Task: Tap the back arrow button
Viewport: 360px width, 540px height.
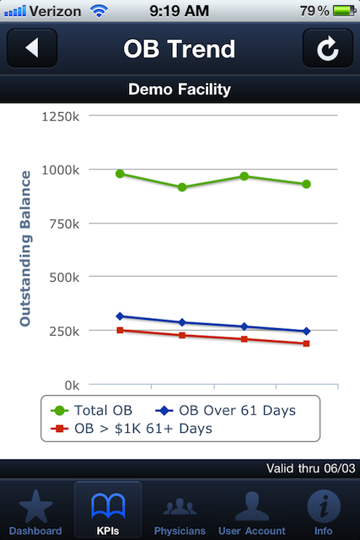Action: pyautogui.click(x=32, y=47)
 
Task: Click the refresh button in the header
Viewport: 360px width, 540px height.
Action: pyautogui.click(x=328, y=47)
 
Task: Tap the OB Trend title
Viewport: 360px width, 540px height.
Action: pyautogui.click(x=180, y=49)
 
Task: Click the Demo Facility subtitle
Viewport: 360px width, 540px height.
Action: pyautogui.click(x=180, y=89)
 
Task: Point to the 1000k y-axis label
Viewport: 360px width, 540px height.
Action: pyautogui.click(x=61, y=170)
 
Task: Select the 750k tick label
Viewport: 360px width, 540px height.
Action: pyautogui.click(x=64, y=224)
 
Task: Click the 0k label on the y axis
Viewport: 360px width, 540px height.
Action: pyautogui.click(x=72, y=386)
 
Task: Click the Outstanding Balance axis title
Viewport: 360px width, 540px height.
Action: pyautogui.click(x=25, y=248)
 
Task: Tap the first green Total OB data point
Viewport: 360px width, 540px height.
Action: pyautogui.click(x=120, y=174)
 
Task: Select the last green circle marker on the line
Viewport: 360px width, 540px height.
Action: pyautogui.click(x=306, y=184)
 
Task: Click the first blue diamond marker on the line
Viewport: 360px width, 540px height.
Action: pyautogui.click(x=120, y=316)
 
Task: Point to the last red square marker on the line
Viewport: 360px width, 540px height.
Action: pyautogui.click(x=306, y=343)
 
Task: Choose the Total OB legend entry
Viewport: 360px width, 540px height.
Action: pyautogui.click(x=92, y=411)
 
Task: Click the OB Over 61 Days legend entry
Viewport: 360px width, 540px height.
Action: pyautogui.click(x=226, y=411)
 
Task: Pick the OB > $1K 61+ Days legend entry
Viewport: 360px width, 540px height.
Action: pyautogui.click(x=132, y=429)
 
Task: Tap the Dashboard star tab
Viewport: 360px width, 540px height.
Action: pyautogui.click(x=35, y=512)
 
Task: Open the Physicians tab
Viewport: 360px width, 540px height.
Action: pyautogui.click(x=180, y=512)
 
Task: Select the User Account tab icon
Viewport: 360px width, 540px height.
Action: pyautogui.click(x=252, y=506)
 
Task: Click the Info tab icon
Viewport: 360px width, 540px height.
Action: pyautogui.click(x=324, y=506)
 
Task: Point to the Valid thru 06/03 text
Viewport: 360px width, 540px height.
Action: pyautogui.click(x=311, y=468)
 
